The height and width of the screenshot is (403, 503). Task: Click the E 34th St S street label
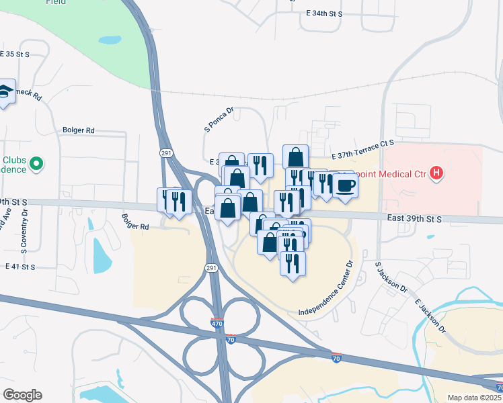(x=323, y=13)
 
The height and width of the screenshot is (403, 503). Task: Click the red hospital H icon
(x=437, y=174)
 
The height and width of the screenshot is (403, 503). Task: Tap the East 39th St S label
(x=414, y=219)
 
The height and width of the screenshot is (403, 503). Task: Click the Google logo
(x=22, y=395)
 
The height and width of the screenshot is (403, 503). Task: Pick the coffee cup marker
(x=345, y=185)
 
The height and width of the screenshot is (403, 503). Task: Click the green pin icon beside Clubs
(x=37, y=163)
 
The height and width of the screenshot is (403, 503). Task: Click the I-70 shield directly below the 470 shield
(x=231, y=340)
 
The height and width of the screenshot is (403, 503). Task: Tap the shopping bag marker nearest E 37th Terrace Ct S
(x=295, y=156)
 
